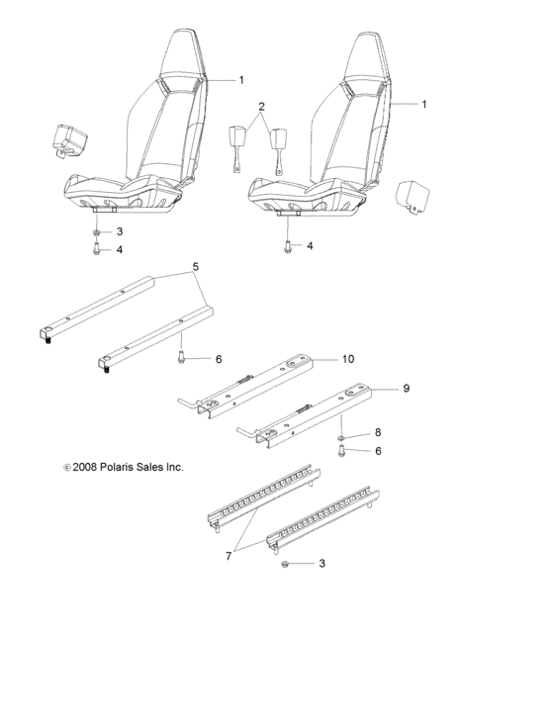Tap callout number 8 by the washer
click(377, 433)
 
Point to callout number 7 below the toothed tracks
click(230, 557)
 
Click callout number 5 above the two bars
click(195, 267)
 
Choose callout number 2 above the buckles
click(261, 105)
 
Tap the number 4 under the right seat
click(310, 245)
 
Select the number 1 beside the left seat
click(240, 78)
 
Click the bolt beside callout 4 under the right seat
click(287, 246)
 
